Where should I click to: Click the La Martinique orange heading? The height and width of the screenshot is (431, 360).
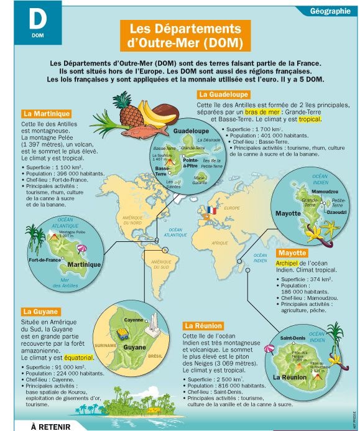coord(46,114)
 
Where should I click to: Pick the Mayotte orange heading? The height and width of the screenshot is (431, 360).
coord(292,253)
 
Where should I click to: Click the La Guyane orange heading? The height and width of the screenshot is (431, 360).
coord(41,311)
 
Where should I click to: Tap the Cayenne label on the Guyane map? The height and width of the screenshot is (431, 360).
coord(134,320)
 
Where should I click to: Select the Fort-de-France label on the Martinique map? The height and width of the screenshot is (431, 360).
coord(45,259)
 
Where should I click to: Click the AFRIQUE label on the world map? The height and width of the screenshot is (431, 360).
coord(219,243)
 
